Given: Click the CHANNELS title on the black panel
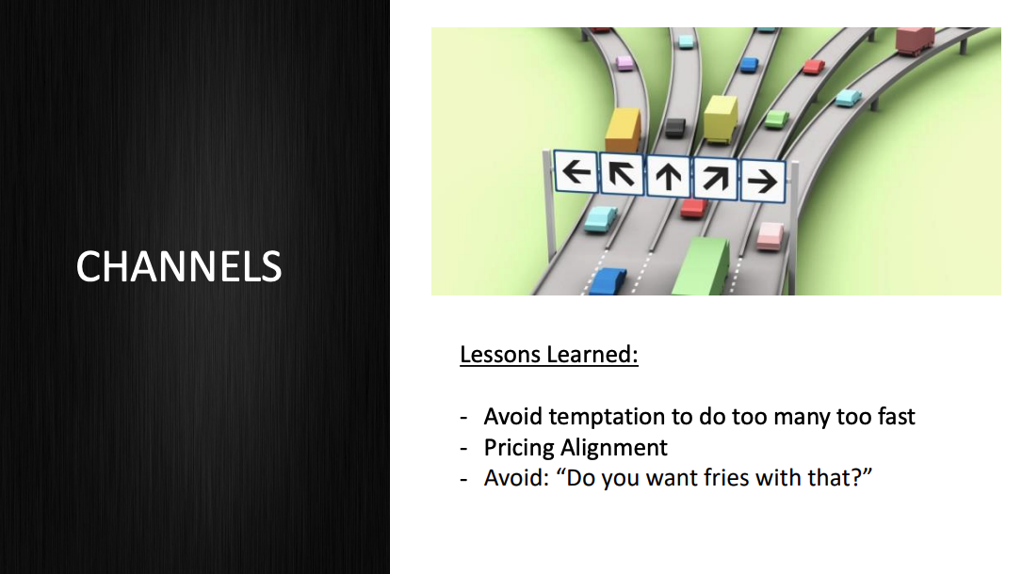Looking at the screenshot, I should (x=179, y=266).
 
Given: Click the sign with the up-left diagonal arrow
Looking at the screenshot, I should (x=622, y=174).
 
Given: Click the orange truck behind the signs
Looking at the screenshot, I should (x=624, y=128).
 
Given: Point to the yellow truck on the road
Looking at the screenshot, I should (x=721, y=118).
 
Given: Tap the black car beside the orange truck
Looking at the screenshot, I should (x=674, y=127).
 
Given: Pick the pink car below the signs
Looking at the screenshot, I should (x=771, y=234).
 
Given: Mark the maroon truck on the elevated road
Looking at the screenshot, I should (x=914, y=40).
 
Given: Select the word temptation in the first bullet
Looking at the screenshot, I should (x=604, y=416).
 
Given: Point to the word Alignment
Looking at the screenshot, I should (x=614, y=447).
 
